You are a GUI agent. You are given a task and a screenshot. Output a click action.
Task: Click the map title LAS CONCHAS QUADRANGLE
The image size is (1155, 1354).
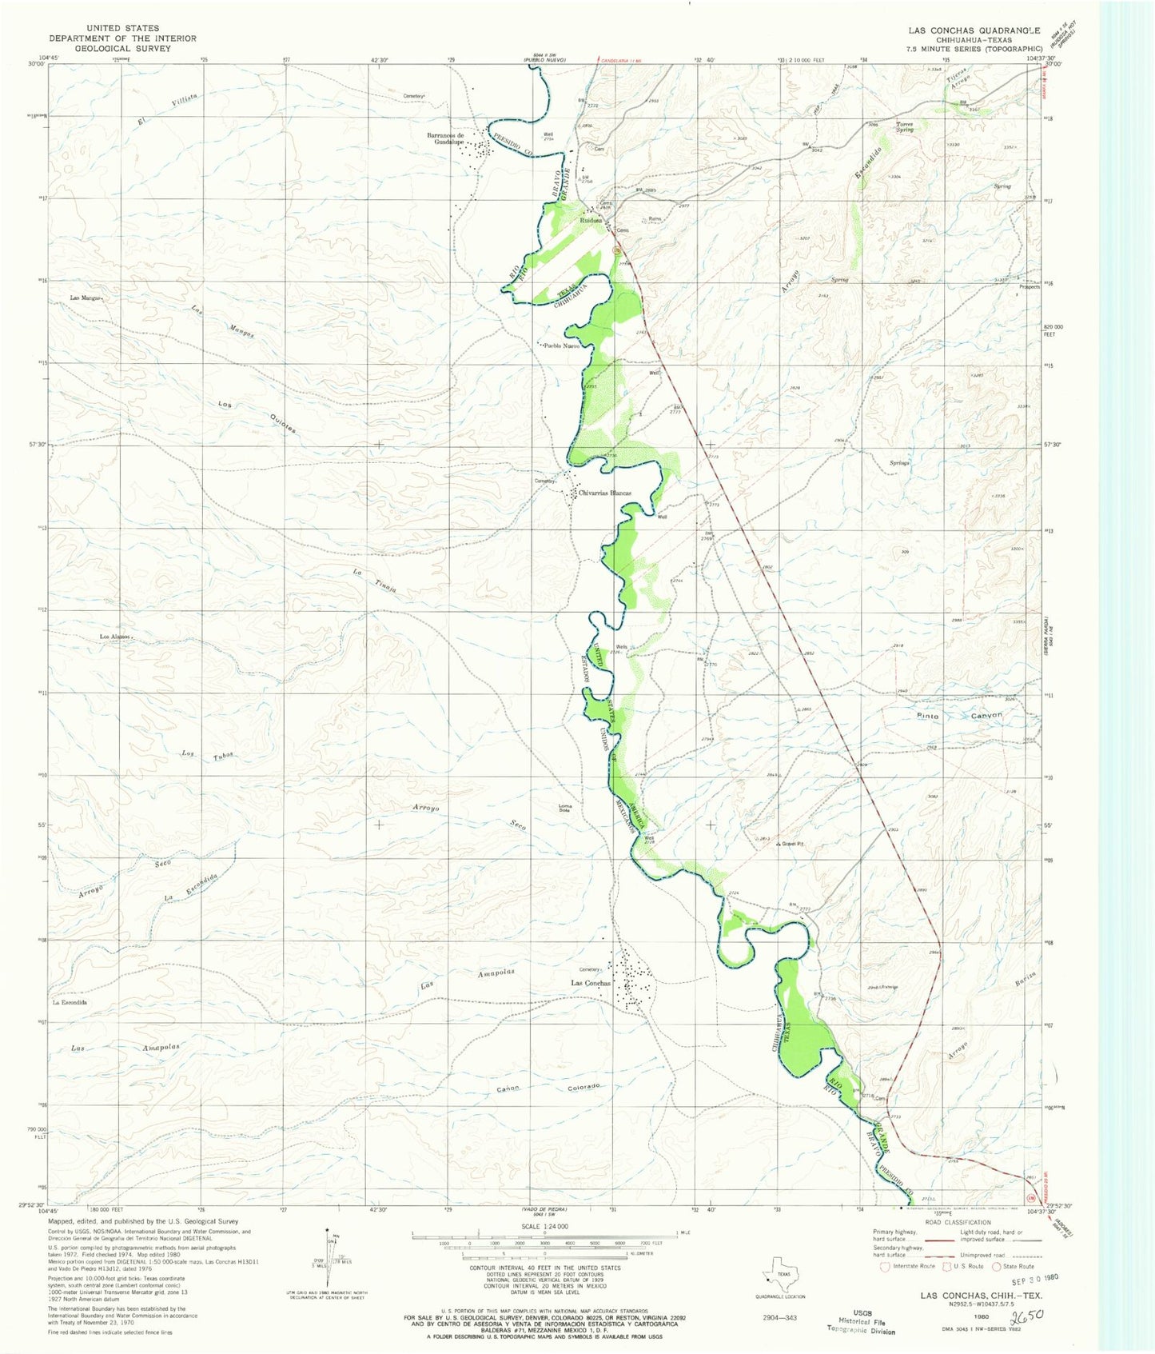tap(974, 30)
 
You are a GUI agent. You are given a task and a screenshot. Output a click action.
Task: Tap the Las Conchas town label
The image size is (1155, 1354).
tap(591, 983)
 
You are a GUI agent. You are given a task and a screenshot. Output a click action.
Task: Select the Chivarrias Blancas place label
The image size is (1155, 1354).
tap(605, 493)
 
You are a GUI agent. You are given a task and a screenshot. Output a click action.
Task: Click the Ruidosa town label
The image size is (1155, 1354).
tap(591, 221)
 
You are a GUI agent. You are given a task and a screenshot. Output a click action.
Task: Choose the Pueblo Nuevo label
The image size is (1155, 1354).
tap(561, 346)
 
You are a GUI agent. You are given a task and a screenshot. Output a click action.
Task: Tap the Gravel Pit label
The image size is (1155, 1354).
tap(796, 844)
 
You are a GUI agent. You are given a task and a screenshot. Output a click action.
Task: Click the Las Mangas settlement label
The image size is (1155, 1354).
tap(85, 298)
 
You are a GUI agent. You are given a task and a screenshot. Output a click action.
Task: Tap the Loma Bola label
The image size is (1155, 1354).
tap(565, 808)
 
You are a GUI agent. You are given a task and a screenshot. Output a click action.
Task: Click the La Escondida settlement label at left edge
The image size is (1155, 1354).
tap(70, 1002)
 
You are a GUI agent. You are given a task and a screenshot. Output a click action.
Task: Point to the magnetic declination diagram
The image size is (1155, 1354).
tap(328, 1265)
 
